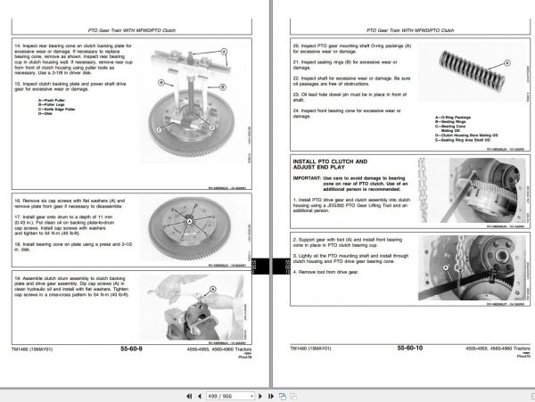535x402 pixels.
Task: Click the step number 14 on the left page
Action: tap(18, 42)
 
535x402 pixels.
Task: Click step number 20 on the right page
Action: tap(296, 42)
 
